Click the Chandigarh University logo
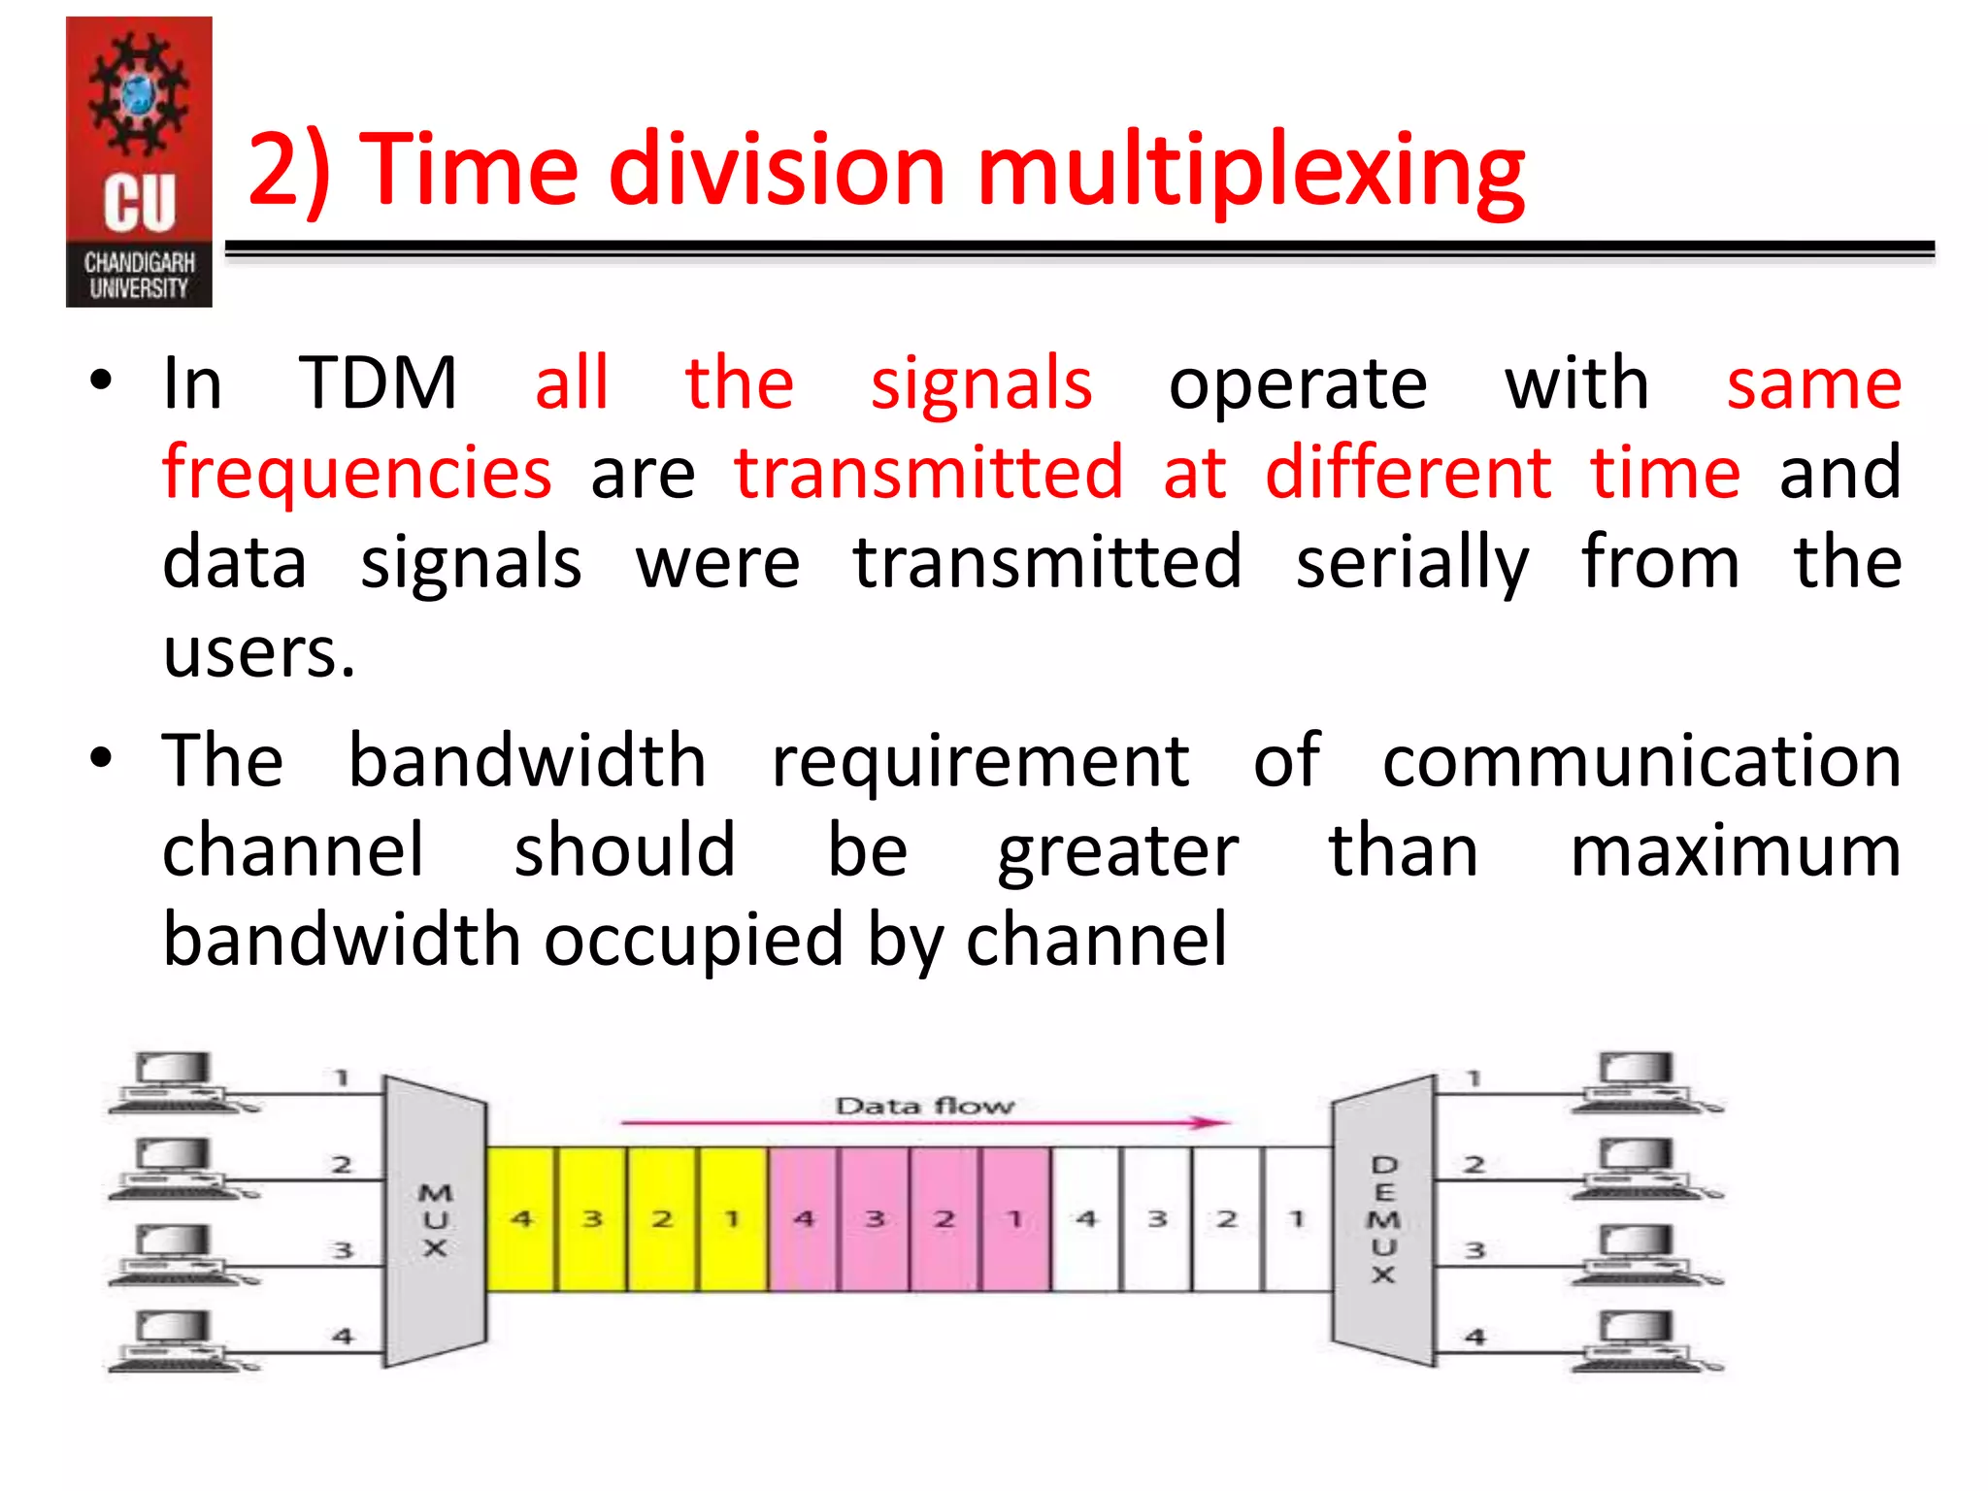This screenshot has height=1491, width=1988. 139,162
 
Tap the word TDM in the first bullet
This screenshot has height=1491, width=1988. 378,383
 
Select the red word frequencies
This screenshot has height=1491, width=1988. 357,473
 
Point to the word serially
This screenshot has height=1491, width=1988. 1412,563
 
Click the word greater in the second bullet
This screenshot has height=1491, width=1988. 1118,851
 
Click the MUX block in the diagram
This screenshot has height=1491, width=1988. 435,1220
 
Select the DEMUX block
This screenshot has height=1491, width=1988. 1383,1220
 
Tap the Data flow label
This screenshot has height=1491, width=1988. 924,1106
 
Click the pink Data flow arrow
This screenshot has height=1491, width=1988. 924,1123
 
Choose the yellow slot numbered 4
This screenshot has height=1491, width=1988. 521,1219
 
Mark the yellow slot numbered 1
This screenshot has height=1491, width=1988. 733,1219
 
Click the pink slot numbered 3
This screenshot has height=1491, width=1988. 875,1219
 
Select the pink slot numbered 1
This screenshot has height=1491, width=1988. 1015,1219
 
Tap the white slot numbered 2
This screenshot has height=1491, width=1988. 1227,1219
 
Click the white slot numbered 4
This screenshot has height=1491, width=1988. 1086,1219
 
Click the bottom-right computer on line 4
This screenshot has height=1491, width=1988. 1639,1341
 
